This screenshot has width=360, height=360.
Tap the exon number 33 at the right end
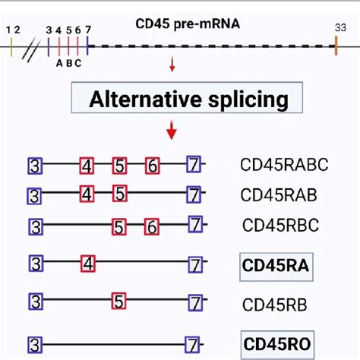(x=336, y=27)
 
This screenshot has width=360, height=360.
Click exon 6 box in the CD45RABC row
(x=153, y=165)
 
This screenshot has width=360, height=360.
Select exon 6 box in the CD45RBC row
(x=152, y=226)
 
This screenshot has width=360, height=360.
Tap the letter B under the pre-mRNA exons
(x=68, y=64)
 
